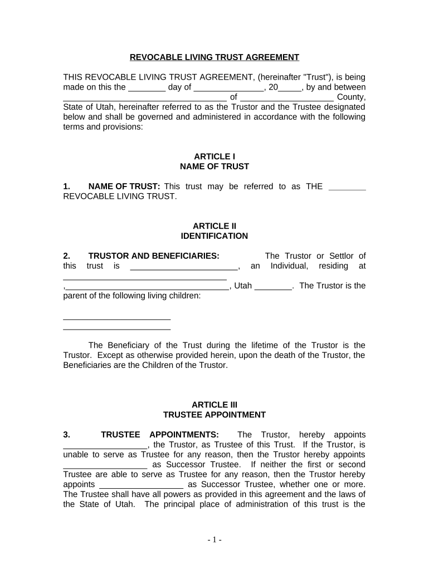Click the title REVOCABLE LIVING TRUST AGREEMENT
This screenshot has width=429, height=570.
pos(214,57)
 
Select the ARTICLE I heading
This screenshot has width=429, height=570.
pos(214,157)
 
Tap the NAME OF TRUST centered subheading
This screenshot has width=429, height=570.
pos(214,166)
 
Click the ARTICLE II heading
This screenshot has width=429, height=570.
pos(214,226)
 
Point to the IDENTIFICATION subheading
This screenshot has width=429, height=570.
pos(214,236)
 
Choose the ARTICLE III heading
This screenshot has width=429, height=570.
pos(214,405)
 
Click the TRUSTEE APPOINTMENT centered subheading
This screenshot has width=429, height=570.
pos(214,415)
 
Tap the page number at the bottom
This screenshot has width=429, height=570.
pos(214,539)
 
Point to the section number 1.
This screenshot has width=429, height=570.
pos(67,186)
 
